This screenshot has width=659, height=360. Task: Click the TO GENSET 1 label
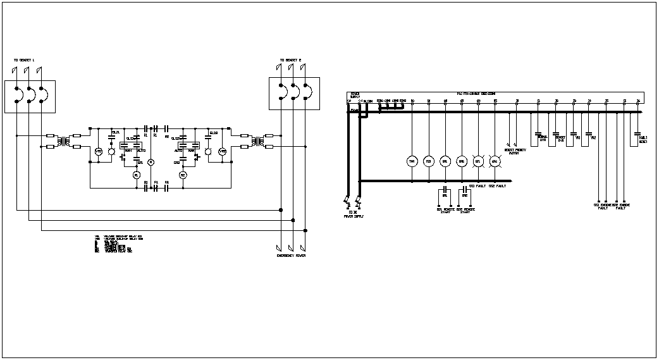[x=24, y=61]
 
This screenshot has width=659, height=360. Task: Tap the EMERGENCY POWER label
[x=292, y=256]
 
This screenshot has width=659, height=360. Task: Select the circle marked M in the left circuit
[x=151, y=163]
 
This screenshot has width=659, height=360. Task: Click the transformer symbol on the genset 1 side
[x=61, y=140]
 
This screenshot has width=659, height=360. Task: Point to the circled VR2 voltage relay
[x=222, y=152]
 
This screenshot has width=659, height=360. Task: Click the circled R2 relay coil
[x=183, y=175]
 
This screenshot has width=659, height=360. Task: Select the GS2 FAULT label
[x=496, y=187]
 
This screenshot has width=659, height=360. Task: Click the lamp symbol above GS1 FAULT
[x=478, y=161]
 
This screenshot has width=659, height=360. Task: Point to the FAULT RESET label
[x=643, y=140]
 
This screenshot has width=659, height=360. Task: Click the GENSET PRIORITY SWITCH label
[x=515, y=151]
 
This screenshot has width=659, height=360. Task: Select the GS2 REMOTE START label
[x=466, y=210]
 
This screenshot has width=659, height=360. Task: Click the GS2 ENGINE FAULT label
[x=620, y=206]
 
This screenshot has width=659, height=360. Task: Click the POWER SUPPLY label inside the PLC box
[x=355, y=96]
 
